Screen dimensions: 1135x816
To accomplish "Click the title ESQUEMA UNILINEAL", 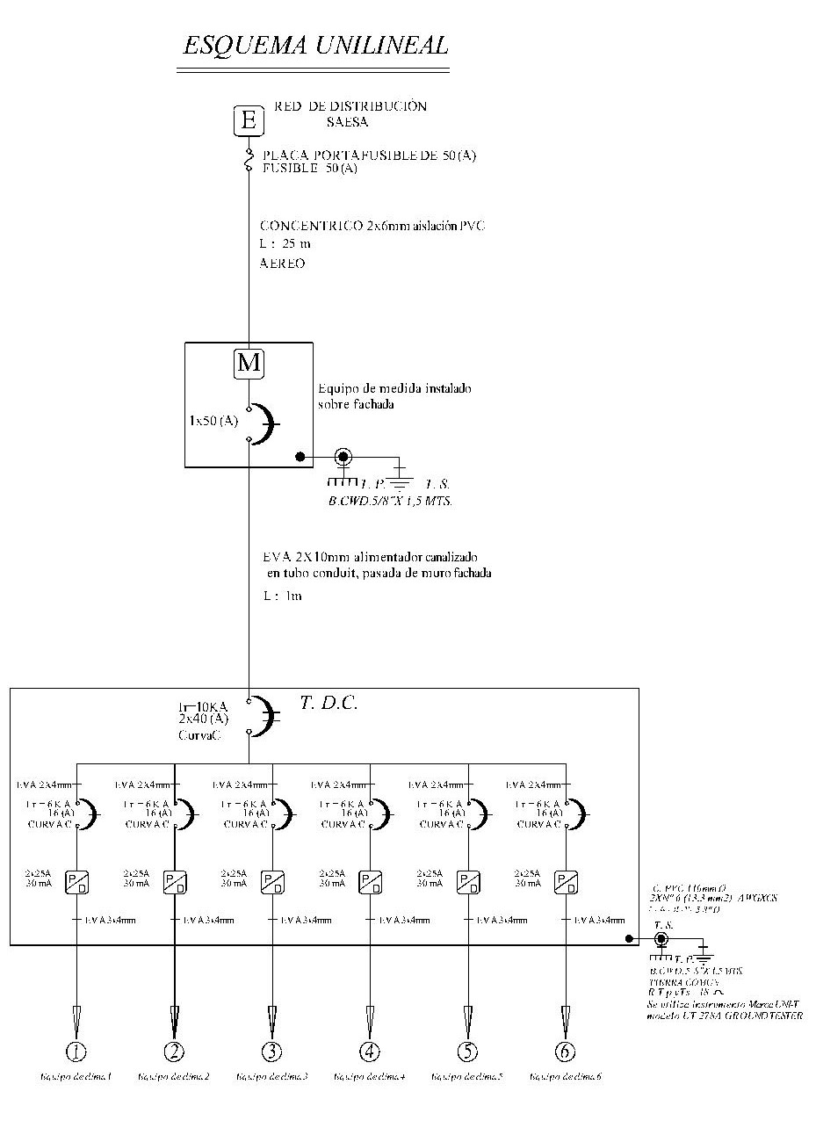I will [x=314, y=46].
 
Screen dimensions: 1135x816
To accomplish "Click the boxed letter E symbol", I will [x=249, y=120].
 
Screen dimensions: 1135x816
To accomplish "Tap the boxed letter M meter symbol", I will [x=249, y=363].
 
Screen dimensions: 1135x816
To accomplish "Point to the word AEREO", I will [x=283, y=264].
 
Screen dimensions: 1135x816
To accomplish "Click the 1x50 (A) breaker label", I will [x=213, y=421].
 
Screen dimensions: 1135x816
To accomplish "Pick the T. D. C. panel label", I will [x=329, y=703].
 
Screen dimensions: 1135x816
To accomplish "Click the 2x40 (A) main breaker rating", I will [x=201, y=718].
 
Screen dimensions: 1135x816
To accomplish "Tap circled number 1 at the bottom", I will [x=76, y=1051].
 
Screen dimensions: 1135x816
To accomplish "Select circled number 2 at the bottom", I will [x=174, y=1051].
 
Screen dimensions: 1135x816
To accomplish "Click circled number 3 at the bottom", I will [x=271, y=1051].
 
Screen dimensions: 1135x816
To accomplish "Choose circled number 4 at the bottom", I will [x=369, y=1051].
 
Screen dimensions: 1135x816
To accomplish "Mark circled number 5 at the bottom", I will [x=466, y=1051].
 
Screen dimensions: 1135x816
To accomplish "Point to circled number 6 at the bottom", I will [x=564, y=1051].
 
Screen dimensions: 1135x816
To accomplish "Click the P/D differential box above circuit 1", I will [x=76, y=882].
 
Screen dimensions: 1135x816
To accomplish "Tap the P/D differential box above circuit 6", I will [x=564, y=882].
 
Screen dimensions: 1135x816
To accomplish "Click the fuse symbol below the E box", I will [x=249, y=160].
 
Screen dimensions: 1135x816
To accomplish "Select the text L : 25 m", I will [x=285, y=244].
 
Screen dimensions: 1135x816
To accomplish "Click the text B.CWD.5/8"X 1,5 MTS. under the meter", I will [x=390, y=501].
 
